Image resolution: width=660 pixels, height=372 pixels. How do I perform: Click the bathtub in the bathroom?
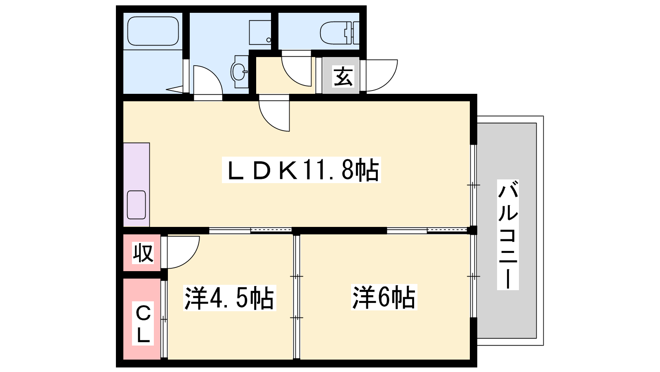pos(153,31)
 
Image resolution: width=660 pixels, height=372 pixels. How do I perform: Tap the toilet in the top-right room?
pos(340,33)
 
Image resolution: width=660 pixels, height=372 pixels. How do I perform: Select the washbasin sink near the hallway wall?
pos(240,72)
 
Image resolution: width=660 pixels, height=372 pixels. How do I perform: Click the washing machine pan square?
pos(260,33)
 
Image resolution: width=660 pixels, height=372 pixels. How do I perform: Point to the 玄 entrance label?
pos(343,76)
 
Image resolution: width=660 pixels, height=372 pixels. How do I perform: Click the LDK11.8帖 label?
pos(301,170)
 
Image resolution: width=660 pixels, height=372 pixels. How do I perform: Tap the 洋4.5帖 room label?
pos(229,298)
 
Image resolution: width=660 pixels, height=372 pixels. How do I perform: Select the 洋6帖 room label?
pos(384,297)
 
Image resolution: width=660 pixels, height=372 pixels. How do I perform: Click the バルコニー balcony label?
pos(508,234)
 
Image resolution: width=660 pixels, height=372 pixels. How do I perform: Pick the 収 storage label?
pos(143,253)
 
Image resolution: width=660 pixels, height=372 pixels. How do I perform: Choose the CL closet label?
pos(143,324)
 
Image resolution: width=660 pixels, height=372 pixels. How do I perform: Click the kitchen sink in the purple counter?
pos(137,205)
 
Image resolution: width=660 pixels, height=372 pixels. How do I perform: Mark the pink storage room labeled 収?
pos(142,253)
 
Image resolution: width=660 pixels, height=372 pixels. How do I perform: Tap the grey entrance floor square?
pos(341,75)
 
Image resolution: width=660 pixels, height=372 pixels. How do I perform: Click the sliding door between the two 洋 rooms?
pos(297,296)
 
